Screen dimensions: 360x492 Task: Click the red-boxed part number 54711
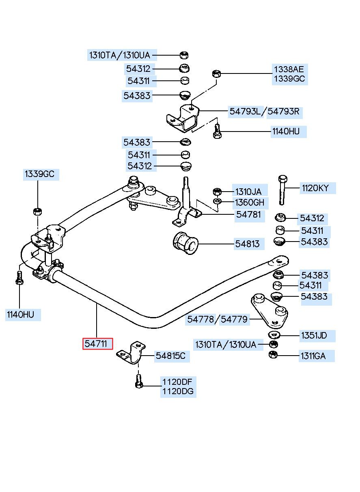97,343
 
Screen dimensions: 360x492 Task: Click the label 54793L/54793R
265,111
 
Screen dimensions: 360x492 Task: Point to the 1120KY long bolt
282,190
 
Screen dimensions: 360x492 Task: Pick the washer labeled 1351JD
274,335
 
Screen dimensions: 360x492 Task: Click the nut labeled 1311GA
273,354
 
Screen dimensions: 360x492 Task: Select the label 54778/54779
217,319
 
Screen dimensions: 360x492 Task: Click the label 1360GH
250,203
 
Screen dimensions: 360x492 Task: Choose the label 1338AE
289,69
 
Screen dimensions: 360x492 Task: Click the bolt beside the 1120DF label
138,381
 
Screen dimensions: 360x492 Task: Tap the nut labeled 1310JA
217,192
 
